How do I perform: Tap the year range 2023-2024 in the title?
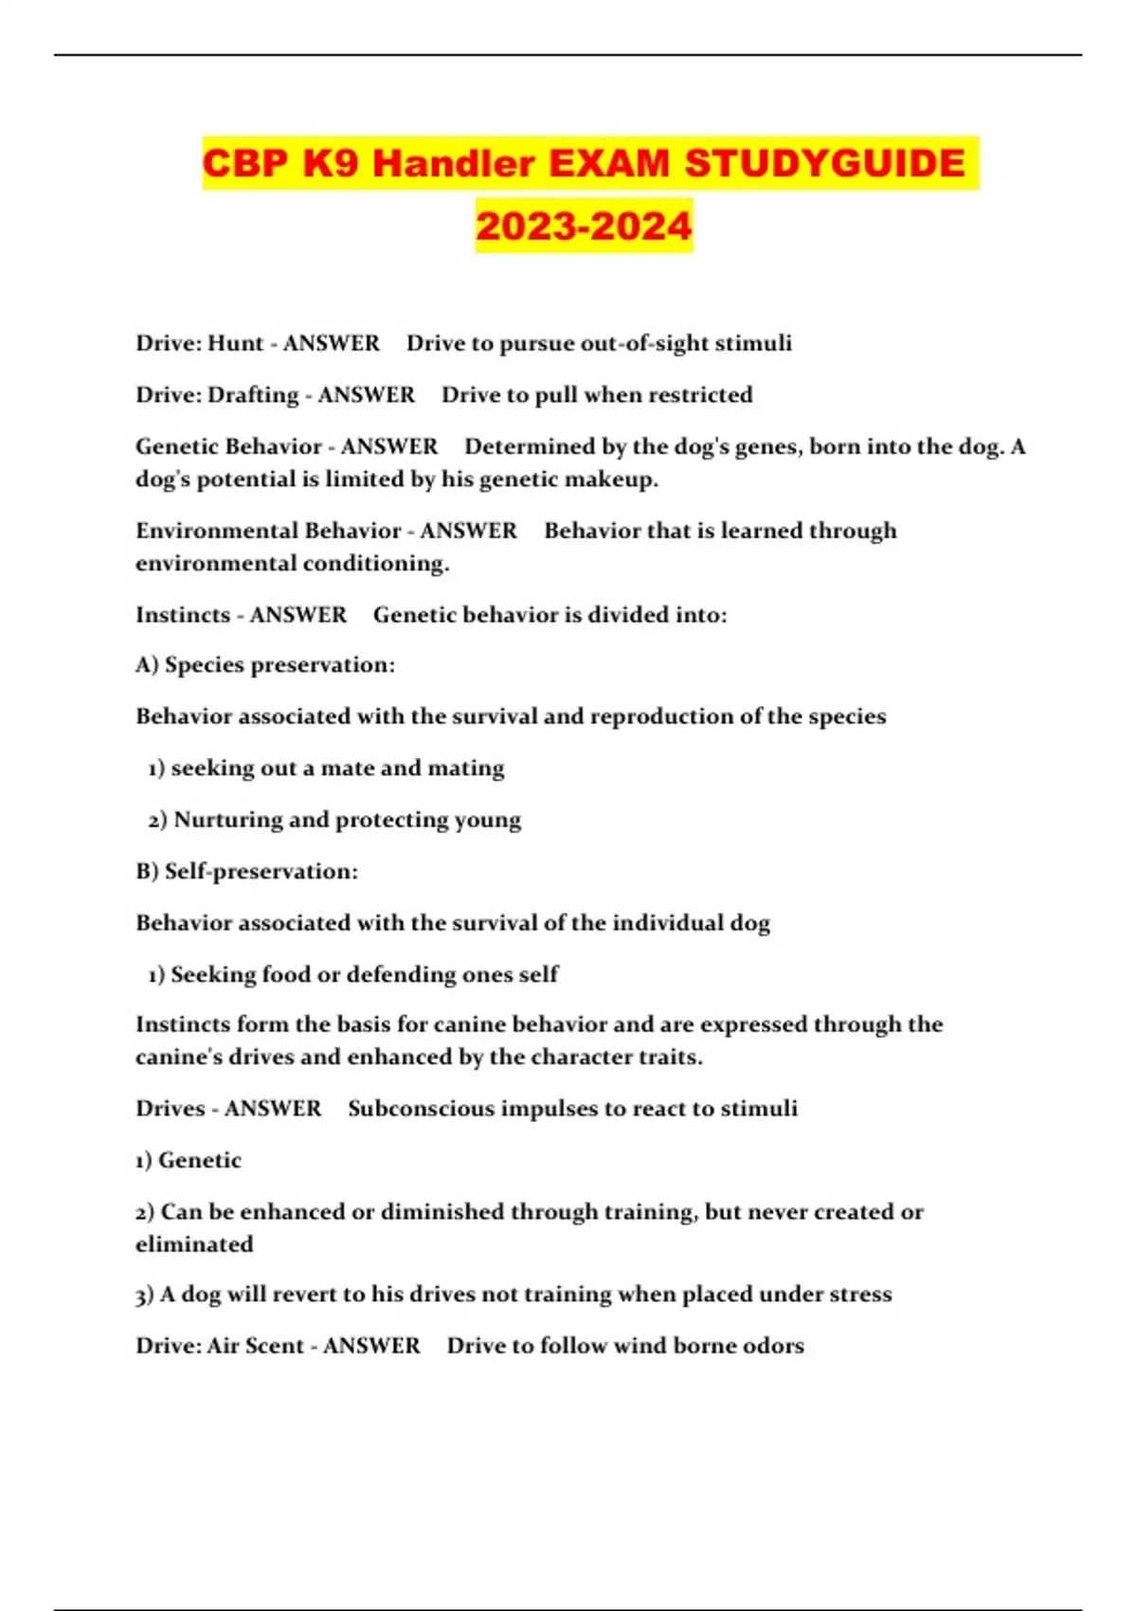[584, 226]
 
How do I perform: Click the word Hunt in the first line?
[235, 343]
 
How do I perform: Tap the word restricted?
[699, 394]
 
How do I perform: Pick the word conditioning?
[374, 564]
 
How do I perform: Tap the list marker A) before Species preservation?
[147, 665]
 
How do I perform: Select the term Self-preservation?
[261, 872]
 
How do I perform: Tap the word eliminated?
[194, 1244]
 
